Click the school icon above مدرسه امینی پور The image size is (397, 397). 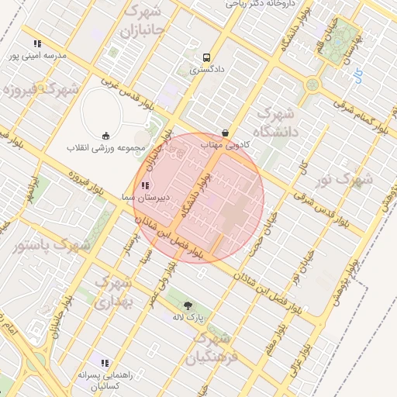pos(37,43)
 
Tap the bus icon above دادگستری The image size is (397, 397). pos(206,57)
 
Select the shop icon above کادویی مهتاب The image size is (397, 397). pos(225,133)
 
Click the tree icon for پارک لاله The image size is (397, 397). pos(186,306)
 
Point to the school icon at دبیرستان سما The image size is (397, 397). pos(146,185)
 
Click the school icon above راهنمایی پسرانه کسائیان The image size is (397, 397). pos(105,363)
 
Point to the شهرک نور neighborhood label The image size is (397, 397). pos(345,181)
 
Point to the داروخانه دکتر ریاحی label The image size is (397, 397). pos(257,4)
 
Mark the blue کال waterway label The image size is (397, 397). pos(357,76)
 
